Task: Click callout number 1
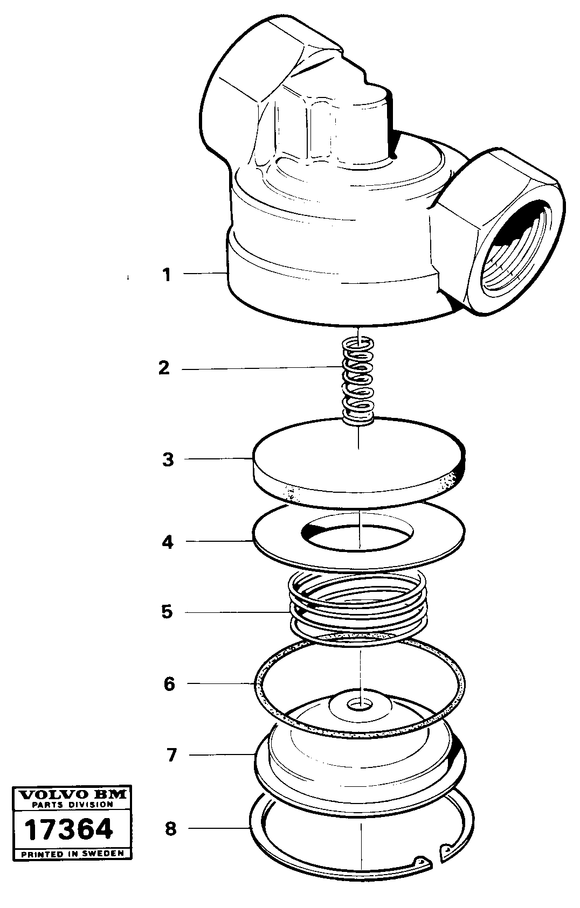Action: (x=167, y=275)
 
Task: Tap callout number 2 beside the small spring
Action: (x=164, y=368)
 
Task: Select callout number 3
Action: (x=168, y=460)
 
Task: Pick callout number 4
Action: (x=168, y=542)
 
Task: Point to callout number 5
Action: (x=167, y=612)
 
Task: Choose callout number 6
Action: (x=169, y=684)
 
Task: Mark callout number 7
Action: (x=171, y=755)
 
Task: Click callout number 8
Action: (x=170, y=828)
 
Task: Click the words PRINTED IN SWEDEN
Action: (x=72, y=853)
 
